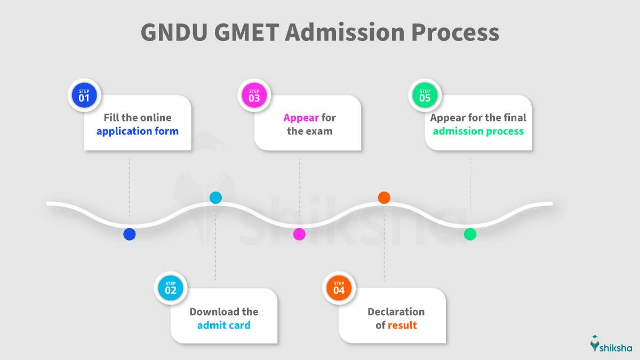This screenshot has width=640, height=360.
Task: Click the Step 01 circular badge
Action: coord(84,95)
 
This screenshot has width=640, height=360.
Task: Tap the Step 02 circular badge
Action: coord(171,288)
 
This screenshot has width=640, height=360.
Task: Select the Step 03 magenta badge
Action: coord(254,95)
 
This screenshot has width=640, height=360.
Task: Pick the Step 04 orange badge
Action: coord(339,288)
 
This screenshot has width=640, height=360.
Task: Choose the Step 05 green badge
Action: coord(425,95)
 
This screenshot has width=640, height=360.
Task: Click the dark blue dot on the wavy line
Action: coord(130,234)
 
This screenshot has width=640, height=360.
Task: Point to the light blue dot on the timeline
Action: coord(215,198)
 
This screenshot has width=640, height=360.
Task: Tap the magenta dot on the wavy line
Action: coord(299,234)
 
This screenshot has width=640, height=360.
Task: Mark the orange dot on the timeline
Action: coord(384,198)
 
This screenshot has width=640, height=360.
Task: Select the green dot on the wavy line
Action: coord(470,234)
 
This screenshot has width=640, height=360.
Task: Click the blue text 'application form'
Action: coord(138,131)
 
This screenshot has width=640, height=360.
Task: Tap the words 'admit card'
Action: coord(224,325)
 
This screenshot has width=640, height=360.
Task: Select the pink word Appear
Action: coord(301,118)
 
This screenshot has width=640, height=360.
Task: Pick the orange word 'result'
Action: coord(402,325)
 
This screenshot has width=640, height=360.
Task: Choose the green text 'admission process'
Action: coord(478,131)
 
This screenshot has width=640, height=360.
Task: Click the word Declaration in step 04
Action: coord(396,311)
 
